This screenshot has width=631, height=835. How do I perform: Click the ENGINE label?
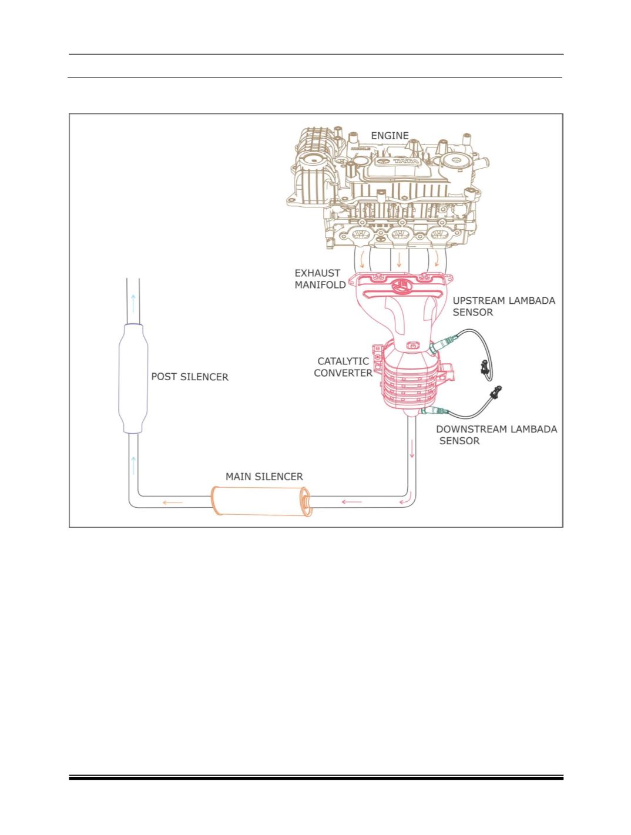[x=390, y=136]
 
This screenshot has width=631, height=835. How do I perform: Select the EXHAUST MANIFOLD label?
[x=320, y=279]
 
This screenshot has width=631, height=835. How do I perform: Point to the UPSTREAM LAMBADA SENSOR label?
[x=504, y=307]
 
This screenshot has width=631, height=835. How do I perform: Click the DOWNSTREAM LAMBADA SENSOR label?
[x=496, y=435]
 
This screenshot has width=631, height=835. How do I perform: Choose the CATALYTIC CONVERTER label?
[x=343, y=367]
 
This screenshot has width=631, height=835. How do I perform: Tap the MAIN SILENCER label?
[x=264, y=477]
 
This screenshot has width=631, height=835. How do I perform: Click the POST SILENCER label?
[x=190, y=377]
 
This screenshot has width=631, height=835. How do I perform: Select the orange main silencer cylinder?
[x=261, y=501]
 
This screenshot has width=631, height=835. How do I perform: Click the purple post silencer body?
[x=133, y=378]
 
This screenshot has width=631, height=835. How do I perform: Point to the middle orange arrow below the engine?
[x=398, y=259]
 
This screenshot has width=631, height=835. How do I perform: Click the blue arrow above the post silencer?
[x=133, y=303]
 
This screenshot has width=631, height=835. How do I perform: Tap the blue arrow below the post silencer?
[x=133, y=465]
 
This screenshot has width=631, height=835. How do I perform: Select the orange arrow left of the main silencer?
[x=173, y=502]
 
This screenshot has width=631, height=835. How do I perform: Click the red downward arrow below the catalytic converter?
[x=412, y=450]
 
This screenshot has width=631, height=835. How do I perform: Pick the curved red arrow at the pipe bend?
[x=405, y=499]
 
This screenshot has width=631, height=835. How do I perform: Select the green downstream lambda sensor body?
[x=435, y=411]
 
